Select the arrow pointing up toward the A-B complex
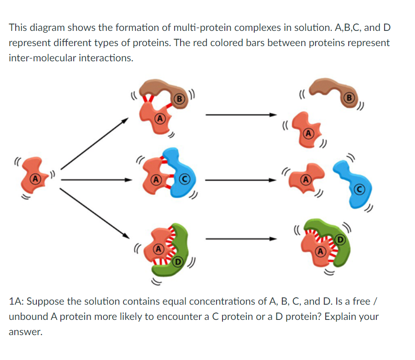tap(94, 143)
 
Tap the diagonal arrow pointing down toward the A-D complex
tap(94, 214)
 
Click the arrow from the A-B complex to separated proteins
tap(241, 115)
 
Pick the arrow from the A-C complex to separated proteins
tap(241, 180)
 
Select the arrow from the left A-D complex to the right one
tap(241, 239)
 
